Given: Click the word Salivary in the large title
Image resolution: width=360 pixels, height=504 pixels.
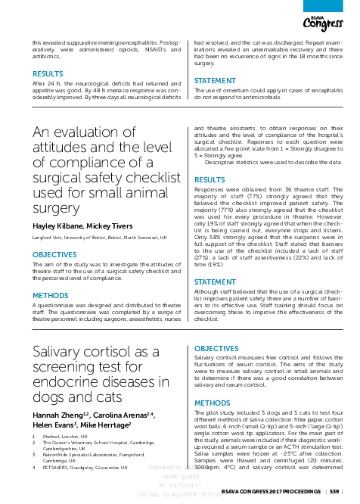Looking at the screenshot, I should pos(62,352).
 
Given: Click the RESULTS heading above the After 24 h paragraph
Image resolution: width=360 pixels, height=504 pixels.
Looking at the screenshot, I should pos(47,75).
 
